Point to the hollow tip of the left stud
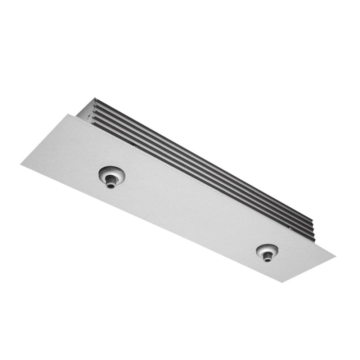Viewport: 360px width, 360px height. [x=110, y=186]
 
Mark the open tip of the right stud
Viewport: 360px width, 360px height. [x=267, y=259]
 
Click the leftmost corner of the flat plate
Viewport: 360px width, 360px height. [x=21, y=165]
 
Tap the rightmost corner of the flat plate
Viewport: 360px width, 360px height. [x=335, y=256]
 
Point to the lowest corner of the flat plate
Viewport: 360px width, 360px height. [x=282, y=282]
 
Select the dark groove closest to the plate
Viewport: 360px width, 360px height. [x=202, y=169]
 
